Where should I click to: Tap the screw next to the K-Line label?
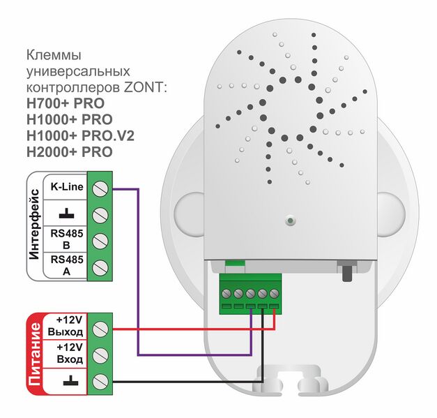pyautogui.click(x=100, y=188)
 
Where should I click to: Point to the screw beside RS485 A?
pyautogui.click(x=100, y=267)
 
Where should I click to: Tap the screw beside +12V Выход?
pyautogui.click(x=100, y=327)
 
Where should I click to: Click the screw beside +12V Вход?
pyautogui.click(x=100, y=354)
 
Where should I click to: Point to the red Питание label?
pyautogui.click(x=35, y=353)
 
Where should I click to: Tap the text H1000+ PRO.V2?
pyautogui.click(x=79, y=135)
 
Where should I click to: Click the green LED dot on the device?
pyautogui.click(x=289, y=222)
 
